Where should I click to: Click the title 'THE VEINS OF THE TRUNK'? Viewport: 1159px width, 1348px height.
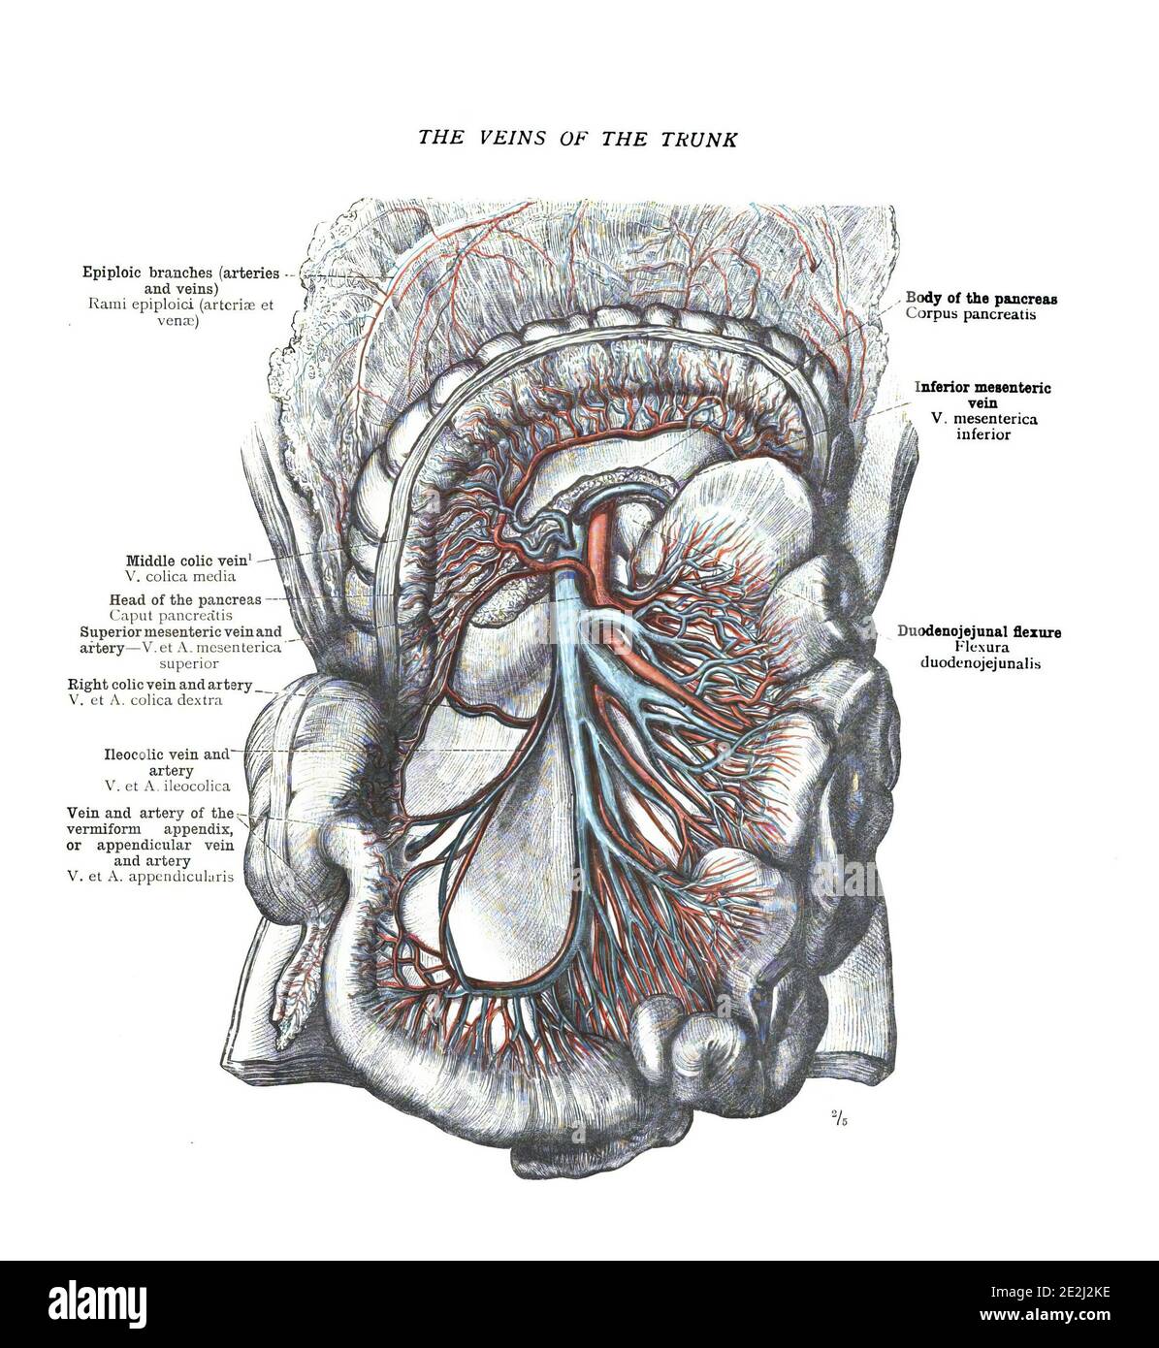tap(577, 139)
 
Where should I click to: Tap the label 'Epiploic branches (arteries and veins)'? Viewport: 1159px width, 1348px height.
tap(180, 280)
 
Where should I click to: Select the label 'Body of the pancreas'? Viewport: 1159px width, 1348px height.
tap(981, 298)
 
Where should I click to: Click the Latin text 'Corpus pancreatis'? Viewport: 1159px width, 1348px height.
tap(971, 313)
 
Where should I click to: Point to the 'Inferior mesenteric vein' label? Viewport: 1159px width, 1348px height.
tap(982, 396)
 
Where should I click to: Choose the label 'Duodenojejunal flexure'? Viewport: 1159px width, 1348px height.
tap(979, 631)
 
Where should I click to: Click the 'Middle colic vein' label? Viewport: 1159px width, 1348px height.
tap(188, 561)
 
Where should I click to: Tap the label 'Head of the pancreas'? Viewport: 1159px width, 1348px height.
tap(185, 599)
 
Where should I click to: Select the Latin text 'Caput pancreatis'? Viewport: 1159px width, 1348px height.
tap(171, 615)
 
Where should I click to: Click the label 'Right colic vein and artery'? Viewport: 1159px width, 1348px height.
tap(160, 685)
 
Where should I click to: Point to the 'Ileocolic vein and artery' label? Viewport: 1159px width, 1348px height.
tap(168, 762)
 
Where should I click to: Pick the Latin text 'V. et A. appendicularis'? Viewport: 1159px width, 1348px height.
tap(150, 877)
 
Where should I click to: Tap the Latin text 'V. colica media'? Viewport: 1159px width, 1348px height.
tap(180, 576)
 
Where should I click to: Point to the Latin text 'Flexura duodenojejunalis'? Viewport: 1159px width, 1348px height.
tap(981, 656)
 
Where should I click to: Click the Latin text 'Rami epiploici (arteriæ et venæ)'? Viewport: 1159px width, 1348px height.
tap(180, 312)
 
